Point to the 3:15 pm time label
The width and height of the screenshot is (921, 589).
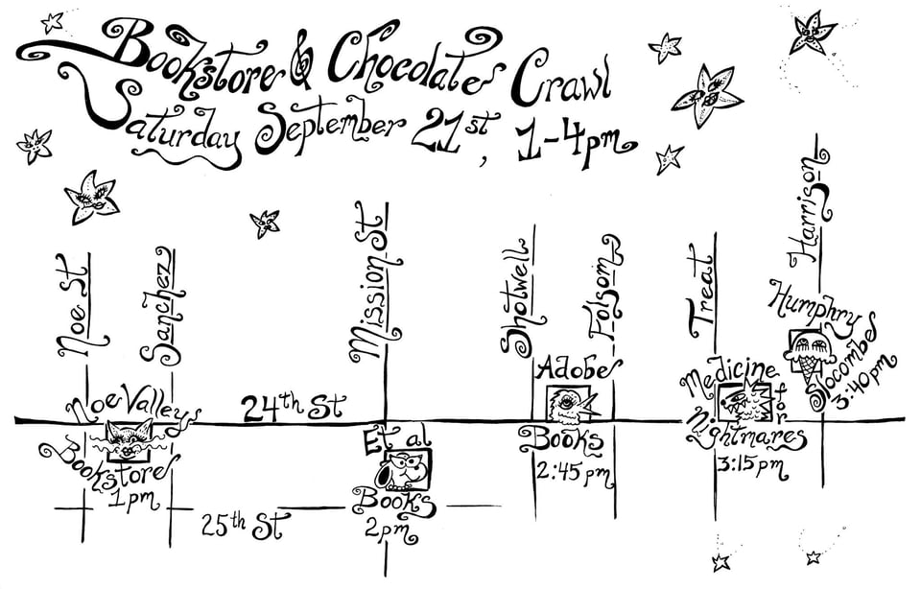point(751,467)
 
